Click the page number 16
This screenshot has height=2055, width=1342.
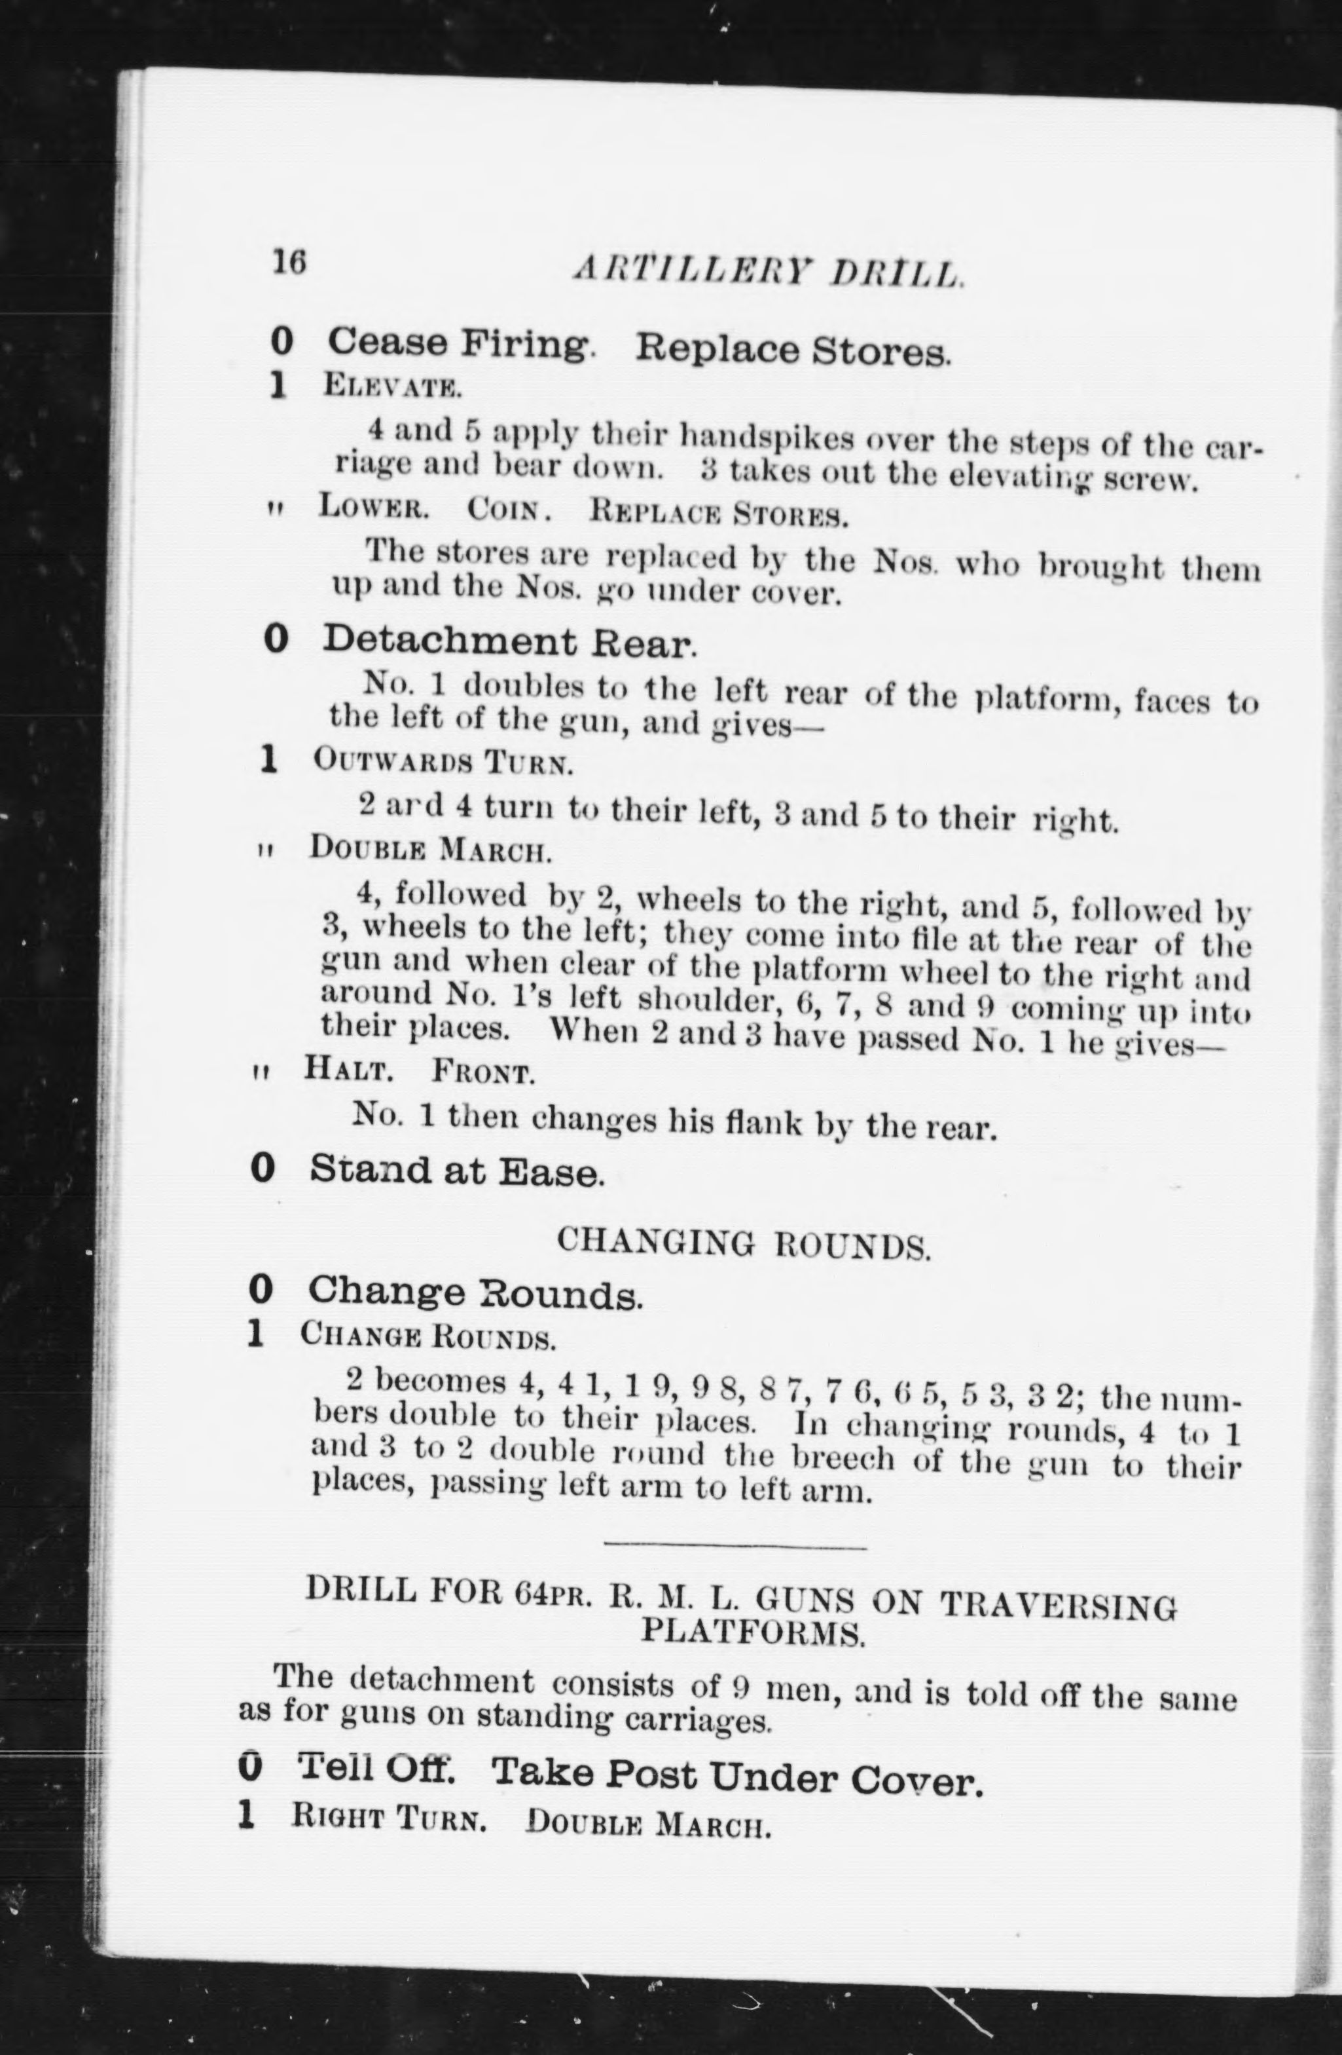pos(289,261)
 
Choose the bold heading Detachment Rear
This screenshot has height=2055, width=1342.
pos(509,641)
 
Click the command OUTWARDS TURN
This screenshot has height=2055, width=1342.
pos(442,762)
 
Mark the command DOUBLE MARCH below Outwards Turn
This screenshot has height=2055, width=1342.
pos(430,850)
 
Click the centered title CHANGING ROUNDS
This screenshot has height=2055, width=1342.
pos(743,1243)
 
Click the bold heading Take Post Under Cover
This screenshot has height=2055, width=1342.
pos(738,1776)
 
